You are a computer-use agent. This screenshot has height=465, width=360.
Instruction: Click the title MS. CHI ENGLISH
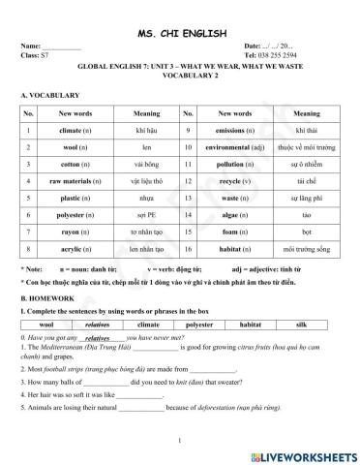point(181,32)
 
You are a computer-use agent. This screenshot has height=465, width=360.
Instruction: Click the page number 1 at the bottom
point(181,441)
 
